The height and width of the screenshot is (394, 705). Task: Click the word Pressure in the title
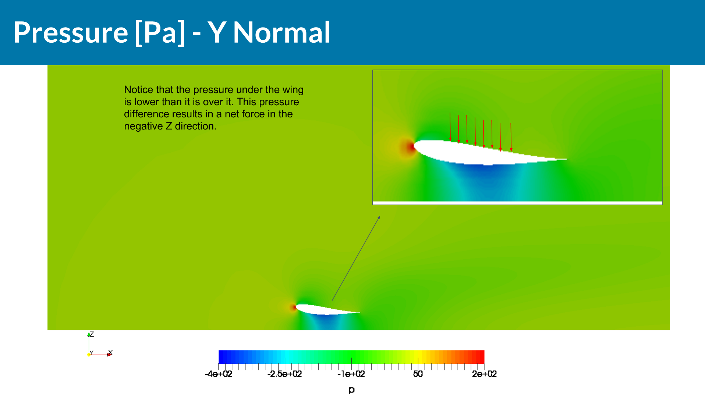71,32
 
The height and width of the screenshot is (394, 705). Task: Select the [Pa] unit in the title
160,32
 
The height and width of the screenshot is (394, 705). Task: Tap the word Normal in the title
281,32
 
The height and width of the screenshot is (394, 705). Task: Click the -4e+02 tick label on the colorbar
219,374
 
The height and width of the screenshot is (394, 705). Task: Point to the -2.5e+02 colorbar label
285,374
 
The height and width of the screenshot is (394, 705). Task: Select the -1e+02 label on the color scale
351,374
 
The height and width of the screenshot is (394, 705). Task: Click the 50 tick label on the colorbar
418,374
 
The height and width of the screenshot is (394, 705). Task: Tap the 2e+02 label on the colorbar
484,374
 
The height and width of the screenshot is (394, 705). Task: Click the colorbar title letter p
351,390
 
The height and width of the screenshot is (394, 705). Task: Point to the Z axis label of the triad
92,334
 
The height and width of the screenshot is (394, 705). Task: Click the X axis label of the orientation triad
110,352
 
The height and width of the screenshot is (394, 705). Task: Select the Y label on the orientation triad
92,352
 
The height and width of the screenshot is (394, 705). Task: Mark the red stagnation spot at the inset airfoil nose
410,147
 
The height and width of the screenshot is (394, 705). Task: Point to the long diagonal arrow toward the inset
356,258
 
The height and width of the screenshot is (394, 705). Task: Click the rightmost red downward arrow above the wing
511,137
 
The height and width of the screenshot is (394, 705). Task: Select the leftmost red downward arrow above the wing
450,127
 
